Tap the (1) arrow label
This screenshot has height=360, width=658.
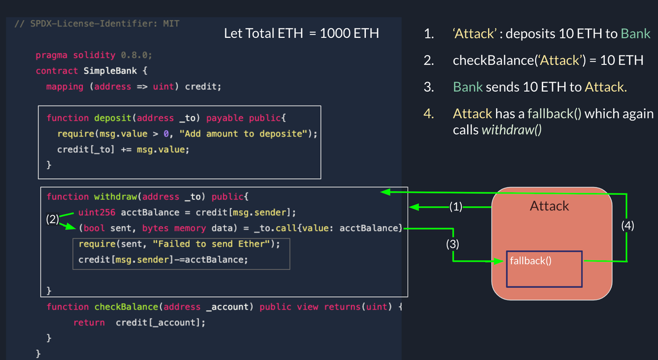[456, 207]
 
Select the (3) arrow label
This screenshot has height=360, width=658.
[452, 244]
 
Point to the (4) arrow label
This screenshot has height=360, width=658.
[627, 226]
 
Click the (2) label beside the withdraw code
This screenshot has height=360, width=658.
[53, 219]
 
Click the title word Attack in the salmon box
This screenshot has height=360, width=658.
[549, 206]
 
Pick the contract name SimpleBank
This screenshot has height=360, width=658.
[110, 71]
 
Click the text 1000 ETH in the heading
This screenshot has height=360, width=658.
[349, 33]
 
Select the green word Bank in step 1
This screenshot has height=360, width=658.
[635, 33]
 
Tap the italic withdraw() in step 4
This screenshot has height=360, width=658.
[511, 130]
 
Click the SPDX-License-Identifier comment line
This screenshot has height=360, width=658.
[97, 24]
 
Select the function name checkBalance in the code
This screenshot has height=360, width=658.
[126, 307]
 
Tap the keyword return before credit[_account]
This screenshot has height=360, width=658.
[89, 323]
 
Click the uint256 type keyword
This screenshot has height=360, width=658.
[96, 212]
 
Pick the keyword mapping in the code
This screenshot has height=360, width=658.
[65, 87]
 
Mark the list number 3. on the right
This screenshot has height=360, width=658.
[429, 87]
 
